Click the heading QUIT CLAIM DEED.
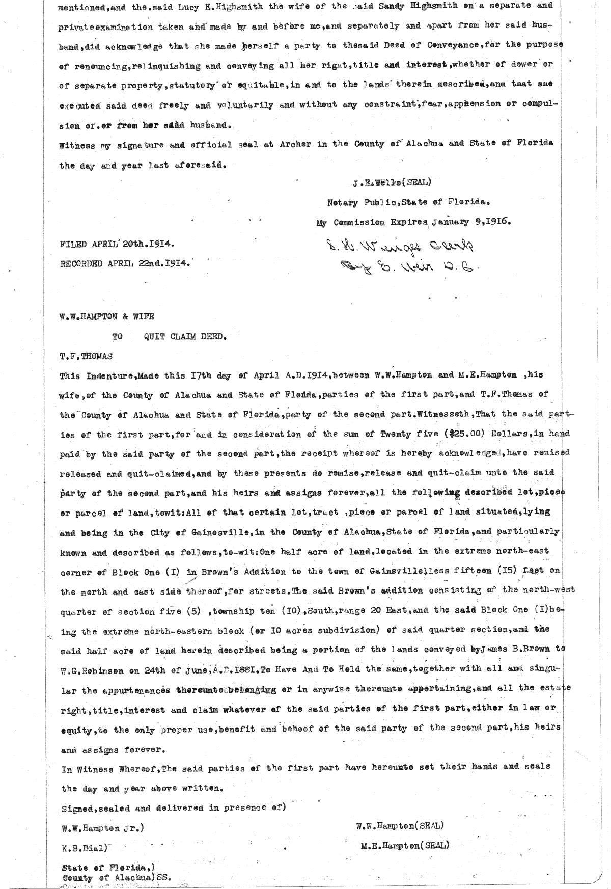(185, 336)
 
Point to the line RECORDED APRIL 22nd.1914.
(125, 263)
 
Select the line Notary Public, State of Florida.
(408, 201)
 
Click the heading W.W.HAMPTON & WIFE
(107, 316)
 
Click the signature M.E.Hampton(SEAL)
(405, 845)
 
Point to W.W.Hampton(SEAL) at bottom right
(400, 825)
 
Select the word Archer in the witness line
(295, 144)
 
